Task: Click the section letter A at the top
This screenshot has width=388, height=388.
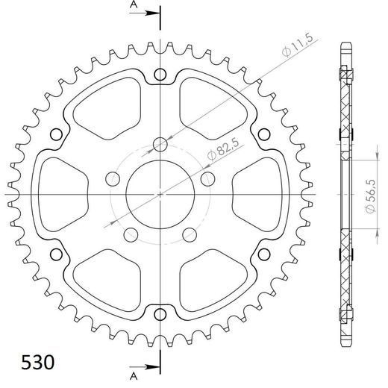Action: pyautogui.click(x=133, y=5)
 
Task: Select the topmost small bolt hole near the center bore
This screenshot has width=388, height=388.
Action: pyautogui.click(x=160, y=144)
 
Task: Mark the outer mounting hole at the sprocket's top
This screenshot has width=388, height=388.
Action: pyautogui.click(x=160, y=75)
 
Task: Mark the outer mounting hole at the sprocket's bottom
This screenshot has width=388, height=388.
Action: pyautogui.click(x=160, y=313)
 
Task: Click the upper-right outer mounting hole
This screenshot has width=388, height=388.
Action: pyautogui.click(x=263, y=134)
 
